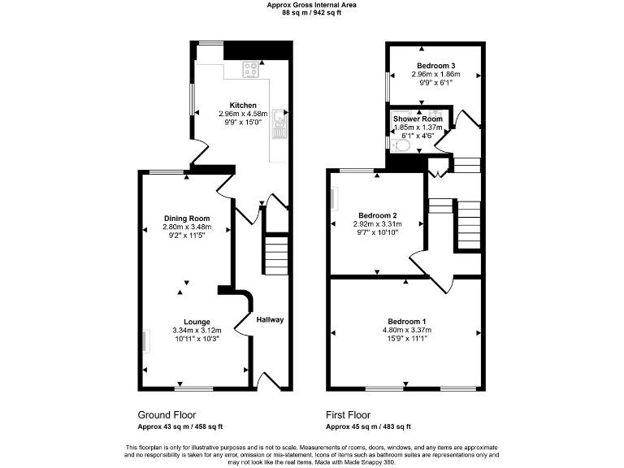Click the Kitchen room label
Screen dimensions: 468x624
point(243,106)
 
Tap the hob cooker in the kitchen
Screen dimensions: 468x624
point(251,70)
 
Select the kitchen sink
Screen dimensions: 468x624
point(279,123)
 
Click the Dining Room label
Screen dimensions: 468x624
point(187,218)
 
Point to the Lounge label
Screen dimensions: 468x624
point(197,322)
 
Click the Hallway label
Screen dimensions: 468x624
point(270,319)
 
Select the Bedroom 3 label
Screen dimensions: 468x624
point(435,66)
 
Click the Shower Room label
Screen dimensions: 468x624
point(418,119)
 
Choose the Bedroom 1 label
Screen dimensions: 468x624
point(407,321)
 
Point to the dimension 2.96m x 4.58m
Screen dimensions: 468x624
point(243,115)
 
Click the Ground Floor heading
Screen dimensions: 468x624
point(167,414)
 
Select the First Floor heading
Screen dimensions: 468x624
point(353,414)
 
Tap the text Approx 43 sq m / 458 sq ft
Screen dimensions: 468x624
point(180,427)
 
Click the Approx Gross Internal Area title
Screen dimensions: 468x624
point(311,5)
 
